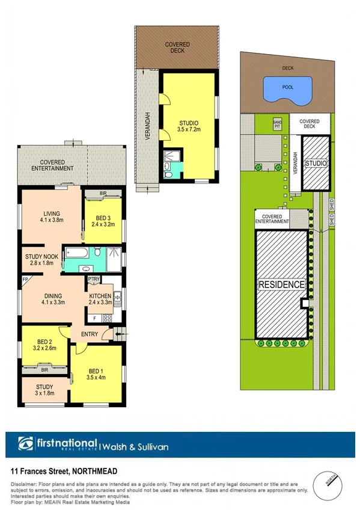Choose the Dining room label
tap(53, 295)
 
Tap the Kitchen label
tap(100, 295)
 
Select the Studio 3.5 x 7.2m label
tap(189, 124)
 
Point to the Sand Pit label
tap(277, 123)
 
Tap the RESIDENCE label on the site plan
tap(282, 284)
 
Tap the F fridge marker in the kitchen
tap(95, 317)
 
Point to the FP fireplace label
tap(25, 279)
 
